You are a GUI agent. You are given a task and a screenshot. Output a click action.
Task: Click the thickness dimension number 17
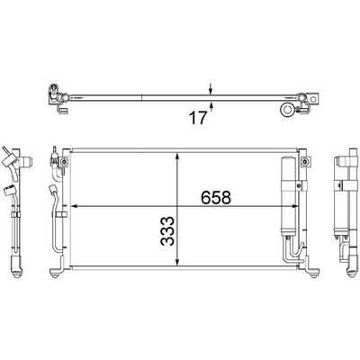pyautogui.click(x=198, y=118)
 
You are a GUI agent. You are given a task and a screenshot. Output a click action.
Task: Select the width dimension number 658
pyautogui.click(x=216, y=197)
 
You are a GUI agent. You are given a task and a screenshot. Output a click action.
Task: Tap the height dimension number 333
pyautogui.click(x=167, y=230)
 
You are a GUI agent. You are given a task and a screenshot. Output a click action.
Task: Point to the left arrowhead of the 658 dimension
pyautogui.click(x=74, y=206)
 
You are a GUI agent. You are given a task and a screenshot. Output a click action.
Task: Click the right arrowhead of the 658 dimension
pyautogui.click(x=295, y=206)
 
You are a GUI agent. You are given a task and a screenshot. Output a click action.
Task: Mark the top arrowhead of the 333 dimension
pyautogui.click(x=178, y=157)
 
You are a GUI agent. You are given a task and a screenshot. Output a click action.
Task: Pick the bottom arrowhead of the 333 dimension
pyautogui.click(x=178, y=261)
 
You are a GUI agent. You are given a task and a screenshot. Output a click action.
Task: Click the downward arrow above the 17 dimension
pyautogui.click(x=211, y=89)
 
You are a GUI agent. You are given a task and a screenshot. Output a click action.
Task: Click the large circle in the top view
pyautogui.click(x=287, y=110)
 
